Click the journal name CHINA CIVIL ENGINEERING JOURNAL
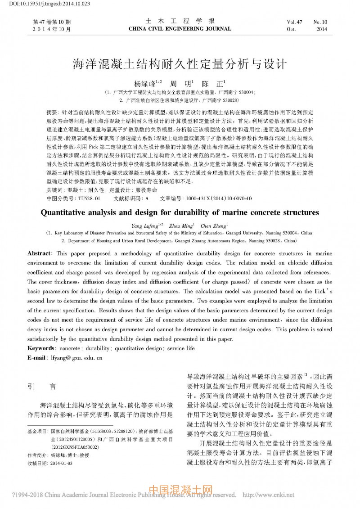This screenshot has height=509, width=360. coord(180,29)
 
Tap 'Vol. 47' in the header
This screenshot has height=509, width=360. coord(294,22)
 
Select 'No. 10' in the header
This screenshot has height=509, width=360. coord(320,22)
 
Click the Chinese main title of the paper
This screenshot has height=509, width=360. coord(180,64)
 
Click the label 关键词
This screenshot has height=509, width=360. coord(54,190)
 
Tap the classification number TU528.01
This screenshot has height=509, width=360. coord(89,198)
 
